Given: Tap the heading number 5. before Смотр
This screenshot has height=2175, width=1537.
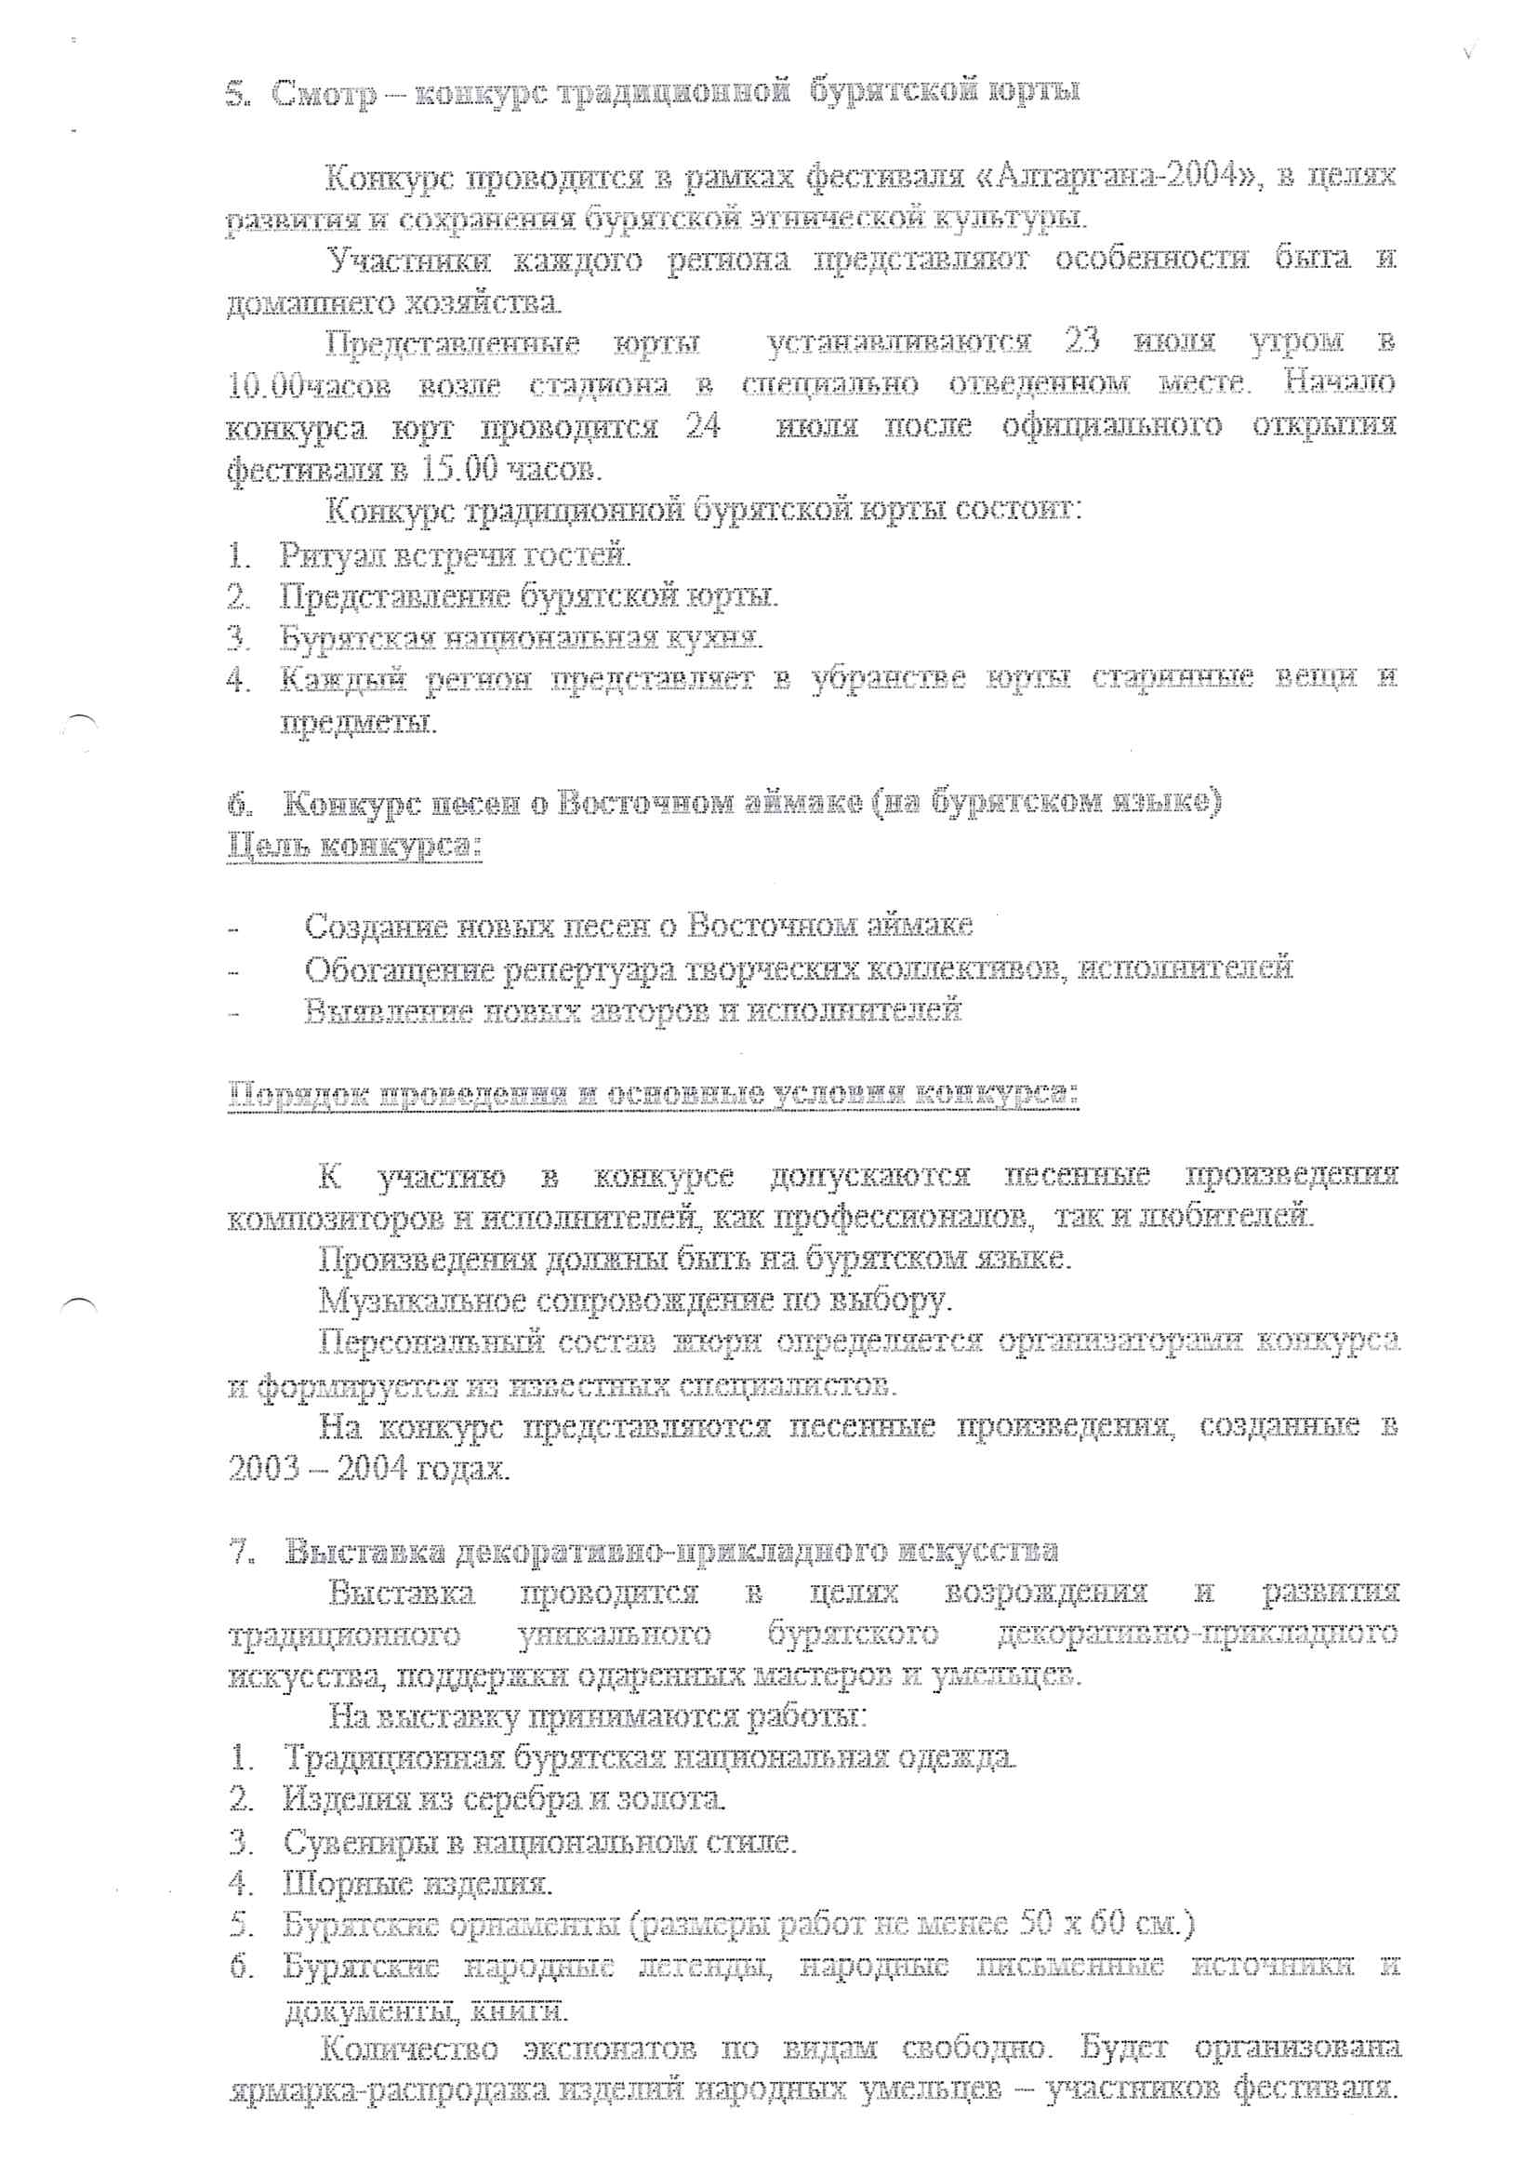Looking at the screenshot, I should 237,95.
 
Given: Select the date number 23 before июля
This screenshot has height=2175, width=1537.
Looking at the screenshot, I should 1081,340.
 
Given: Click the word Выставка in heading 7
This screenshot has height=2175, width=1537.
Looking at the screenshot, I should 364,1552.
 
